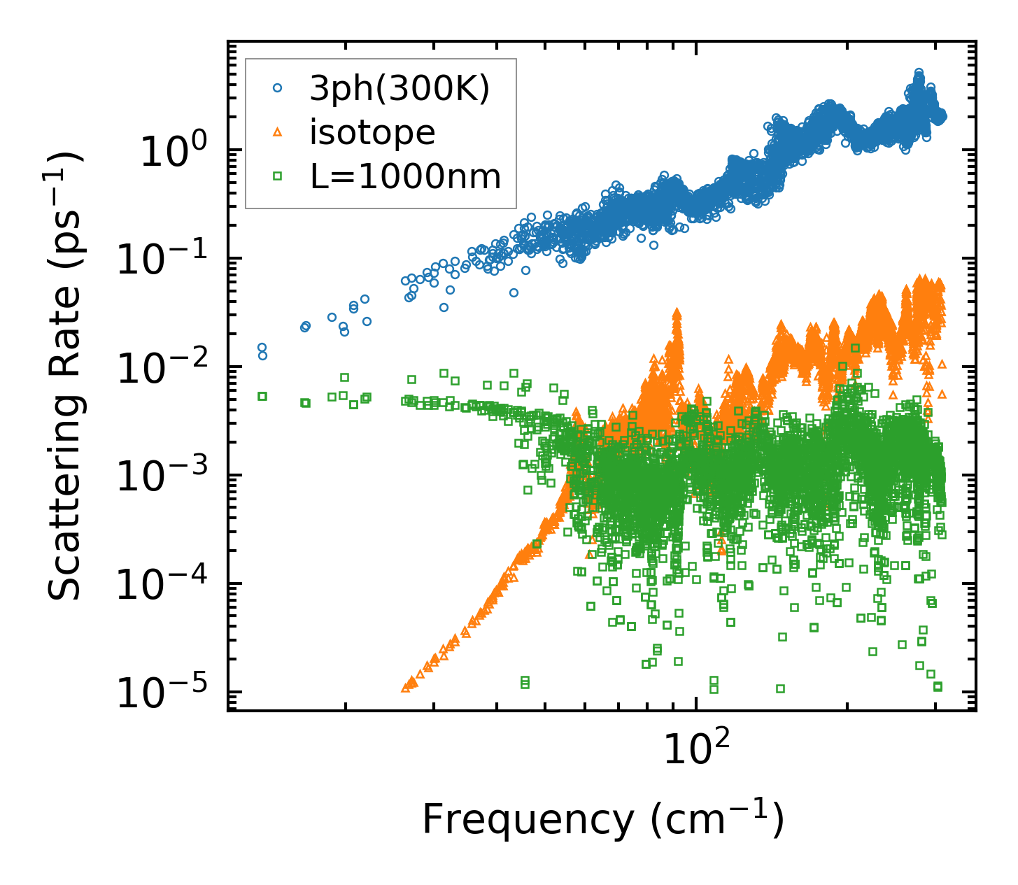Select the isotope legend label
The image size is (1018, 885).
[x=372, y=133]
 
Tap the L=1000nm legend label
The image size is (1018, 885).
[x=406, y=177]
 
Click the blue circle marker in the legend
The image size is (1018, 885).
[x=277, y=88]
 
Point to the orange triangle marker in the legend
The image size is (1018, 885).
[x=277, y=132]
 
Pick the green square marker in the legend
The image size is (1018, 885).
[x=277, y=176]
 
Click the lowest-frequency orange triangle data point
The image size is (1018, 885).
[x=405, y=688]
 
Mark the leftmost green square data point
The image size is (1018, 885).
[x=262, y=396]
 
